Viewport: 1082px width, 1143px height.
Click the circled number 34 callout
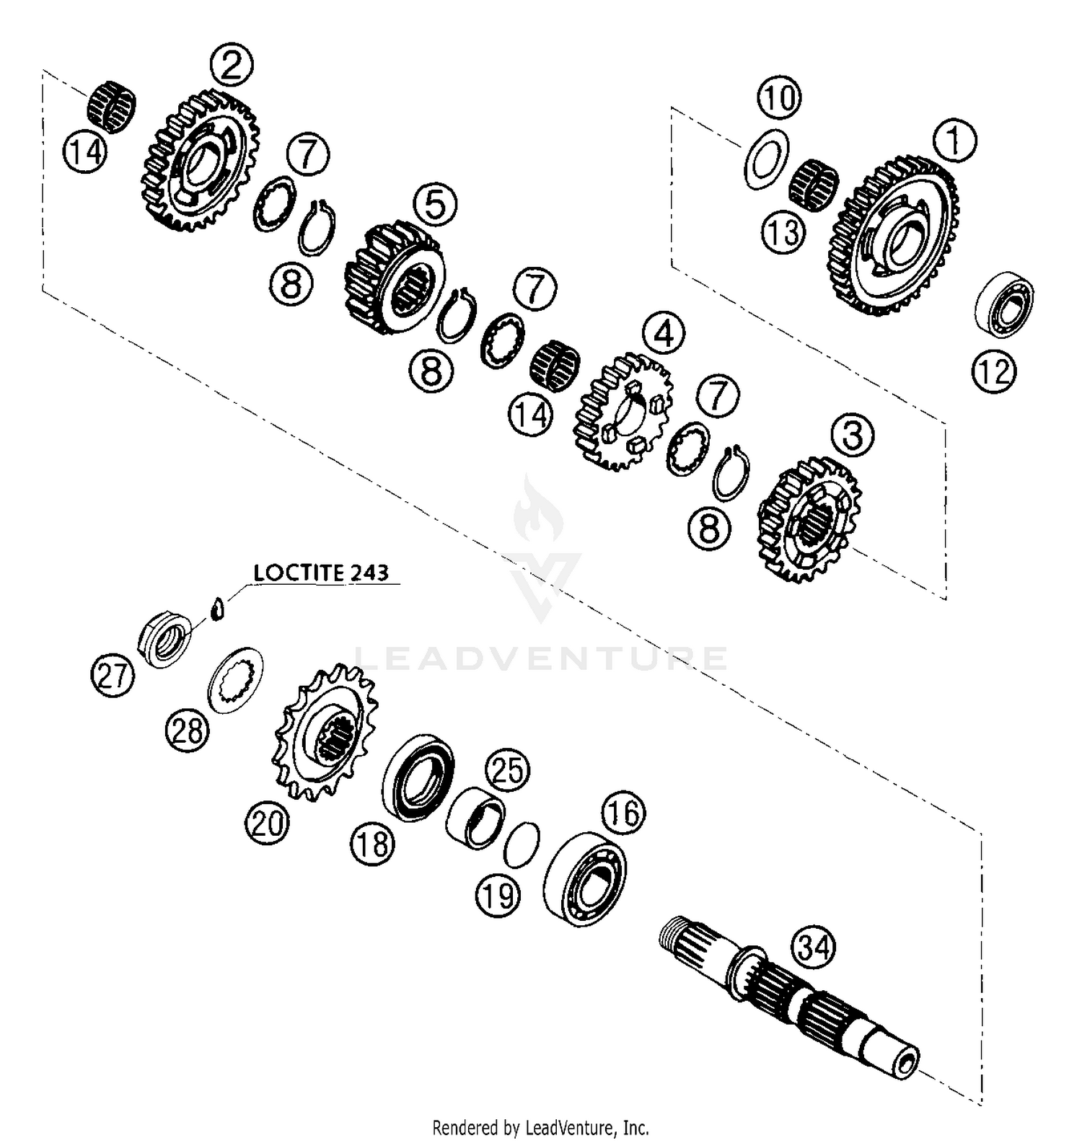point(813,947)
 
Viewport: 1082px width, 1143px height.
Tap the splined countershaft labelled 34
point(793,995)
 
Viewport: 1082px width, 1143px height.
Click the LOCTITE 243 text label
point(321,573)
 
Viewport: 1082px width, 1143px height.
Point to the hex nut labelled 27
point(165,637)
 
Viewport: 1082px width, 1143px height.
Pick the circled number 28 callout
point(188,731)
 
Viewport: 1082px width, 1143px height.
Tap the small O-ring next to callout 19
point(522,844)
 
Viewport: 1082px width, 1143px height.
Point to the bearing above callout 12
point(1005,304)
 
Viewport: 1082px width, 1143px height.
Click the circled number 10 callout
point(779,97)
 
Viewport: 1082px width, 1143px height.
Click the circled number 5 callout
point(435,204)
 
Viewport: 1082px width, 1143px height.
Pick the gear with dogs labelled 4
point(623,411)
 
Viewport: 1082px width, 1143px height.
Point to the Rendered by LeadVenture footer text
point(540,1127)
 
